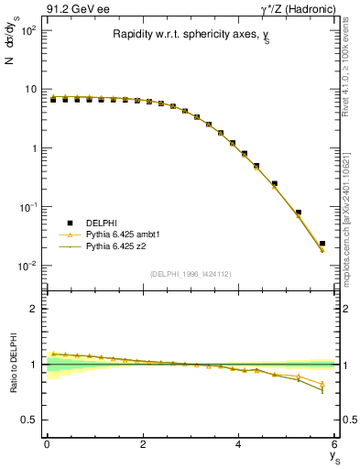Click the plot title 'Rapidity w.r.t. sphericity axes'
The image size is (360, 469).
tap(190, 35)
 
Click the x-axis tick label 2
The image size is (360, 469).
tap(143, 445)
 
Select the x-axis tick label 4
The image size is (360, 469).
tap(239, 445)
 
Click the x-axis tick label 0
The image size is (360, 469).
tap(47, 445)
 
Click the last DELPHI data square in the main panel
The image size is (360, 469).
tap(322, 244)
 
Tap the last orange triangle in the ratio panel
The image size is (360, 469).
tap(322, 384)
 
